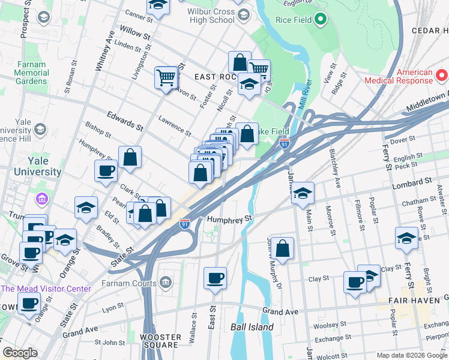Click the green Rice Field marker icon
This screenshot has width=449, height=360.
tap(321, 20)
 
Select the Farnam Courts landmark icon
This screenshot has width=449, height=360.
tap(166, 283)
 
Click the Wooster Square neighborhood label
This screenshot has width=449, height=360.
tap(160, 341)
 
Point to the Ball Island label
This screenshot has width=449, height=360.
tap(252, 328)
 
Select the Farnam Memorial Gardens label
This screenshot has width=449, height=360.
tap(40, 73)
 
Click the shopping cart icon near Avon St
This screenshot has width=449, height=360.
tap(166, 77)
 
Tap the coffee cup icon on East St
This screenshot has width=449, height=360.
tap(215, 278)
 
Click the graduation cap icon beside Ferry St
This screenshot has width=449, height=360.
tap(406, 238)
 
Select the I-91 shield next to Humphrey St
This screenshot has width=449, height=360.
tap(186, 224)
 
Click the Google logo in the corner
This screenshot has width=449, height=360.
tap(20, 353)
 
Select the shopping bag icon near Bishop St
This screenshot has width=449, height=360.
tap(130, 158)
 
